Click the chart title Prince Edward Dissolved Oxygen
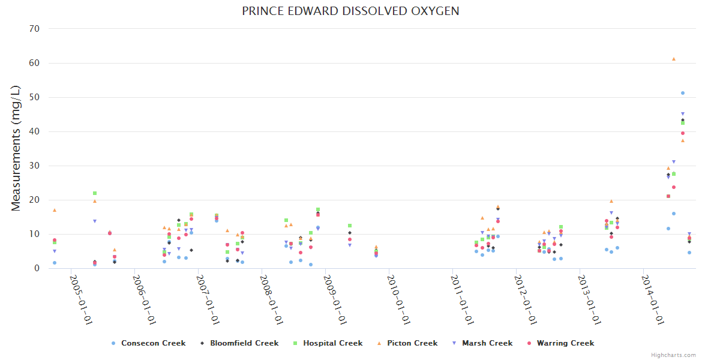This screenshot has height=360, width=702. point(351,11)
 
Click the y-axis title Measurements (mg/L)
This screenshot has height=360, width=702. point(16,148)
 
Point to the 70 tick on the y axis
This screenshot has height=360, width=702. point(35,29)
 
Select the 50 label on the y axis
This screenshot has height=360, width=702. point(35,97)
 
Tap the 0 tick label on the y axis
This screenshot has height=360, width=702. point(37,268)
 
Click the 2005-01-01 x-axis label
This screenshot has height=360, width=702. point(80,300)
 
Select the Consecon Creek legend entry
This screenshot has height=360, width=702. point(148,343)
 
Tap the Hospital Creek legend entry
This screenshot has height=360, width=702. point(328,343)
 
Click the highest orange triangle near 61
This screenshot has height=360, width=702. point(674,59)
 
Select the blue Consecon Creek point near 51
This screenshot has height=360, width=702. point(683,93)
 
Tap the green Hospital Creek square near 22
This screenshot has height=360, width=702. point(95,193)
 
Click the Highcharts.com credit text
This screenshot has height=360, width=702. point(674,355)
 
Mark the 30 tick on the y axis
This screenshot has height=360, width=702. point(35,166)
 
